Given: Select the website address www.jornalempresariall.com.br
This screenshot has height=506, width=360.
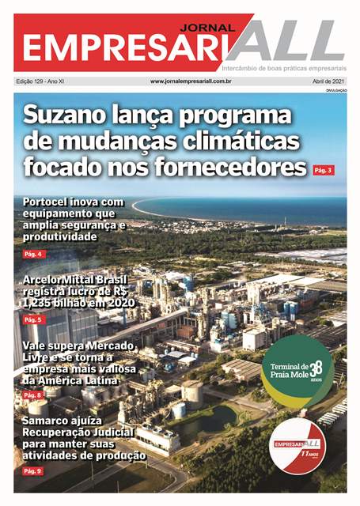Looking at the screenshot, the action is tap(191, 81).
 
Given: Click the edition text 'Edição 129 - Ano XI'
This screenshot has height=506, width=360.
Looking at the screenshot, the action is tap(41, 81).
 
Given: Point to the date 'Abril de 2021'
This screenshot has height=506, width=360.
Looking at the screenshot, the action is tap(328, 81).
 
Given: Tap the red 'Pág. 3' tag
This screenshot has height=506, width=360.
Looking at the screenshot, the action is tap(324, 170).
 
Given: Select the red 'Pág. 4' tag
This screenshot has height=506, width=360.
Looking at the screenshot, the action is tap(33, 254).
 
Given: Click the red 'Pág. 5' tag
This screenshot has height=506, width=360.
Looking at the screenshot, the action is tap(33, 319).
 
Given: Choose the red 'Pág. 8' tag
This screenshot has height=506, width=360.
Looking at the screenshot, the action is tap(33, 395).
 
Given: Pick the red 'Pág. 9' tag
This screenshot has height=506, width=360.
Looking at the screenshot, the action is tap(33, 470).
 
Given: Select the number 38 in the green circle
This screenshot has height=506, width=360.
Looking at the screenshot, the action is tap(316, 368).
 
